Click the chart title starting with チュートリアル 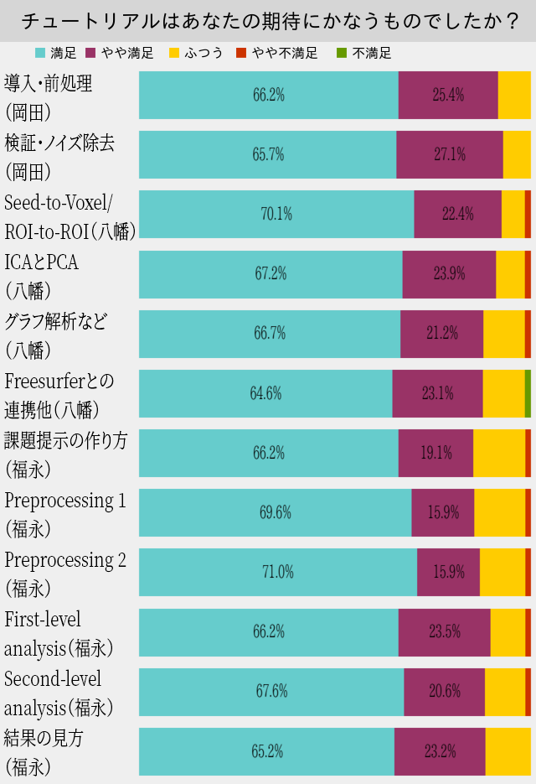pos(268,21)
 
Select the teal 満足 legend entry pos(55,53)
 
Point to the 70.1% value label pos(276,214)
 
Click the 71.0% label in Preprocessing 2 pos(277,572)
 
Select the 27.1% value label pos(449,154)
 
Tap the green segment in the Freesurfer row pos(528,393)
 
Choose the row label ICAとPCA pos(42,262)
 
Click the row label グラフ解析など pos(56,322)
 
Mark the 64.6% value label pos(265,393)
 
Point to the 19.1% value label pos(435,453)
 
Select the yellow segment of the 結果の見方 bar pos(508,751)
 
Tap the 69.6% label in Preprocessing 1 pos(276,512)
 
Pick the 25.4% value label pos(448,95)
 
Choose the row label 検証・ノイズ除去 pos(60,143)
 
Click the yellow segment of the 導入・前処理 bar pos(514,95)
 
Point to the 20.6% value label pos(444,692)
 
